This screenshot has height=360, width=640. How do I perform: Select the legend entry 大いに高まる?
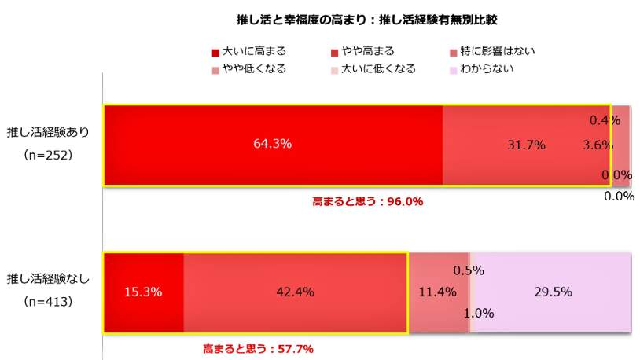pyautogui.click(x=248, y=51)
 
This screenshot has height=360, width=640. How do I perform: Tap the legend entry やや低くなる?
pyautogui.click(x=248, y=68)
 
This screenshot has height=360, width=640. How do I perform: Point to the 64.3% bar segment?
pyautogui.click(x=273, y=145)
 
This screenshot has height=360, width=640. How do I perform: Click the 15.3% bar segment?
pyautogui.click(x=144, y=292)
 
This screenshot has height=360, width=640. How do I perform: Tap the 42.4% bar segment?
pyautogui.click(x=295, y=292)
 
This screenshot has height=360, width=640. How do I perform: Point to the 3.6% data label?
pyautogui.click(x=597, y=145)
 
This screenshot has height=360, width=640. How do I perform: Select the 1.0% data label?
pyautogui.click(x=478, y=313)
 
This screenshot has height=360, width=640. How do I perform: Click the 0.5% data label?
pyautogui.click(x=468, y=270)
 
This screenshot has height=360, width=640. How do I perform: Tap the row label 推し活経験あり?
pyautogui.click(x=48, y=131)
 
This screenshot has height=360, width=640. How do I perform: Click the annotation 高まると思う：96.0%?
pyautogui.click(x=368, y=201)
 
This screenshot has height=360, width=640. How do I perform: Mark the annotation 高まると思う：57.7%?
pyautogui.click(x=259, y=347)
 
